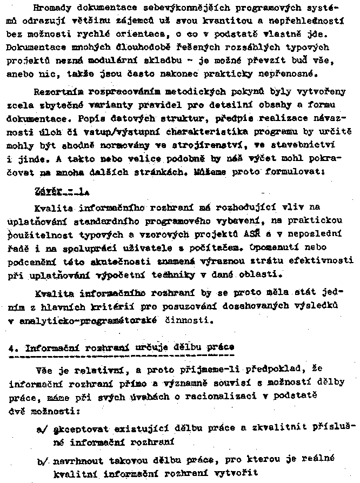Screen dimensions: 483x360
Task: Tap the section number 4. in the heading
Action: tap(13, 348)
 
